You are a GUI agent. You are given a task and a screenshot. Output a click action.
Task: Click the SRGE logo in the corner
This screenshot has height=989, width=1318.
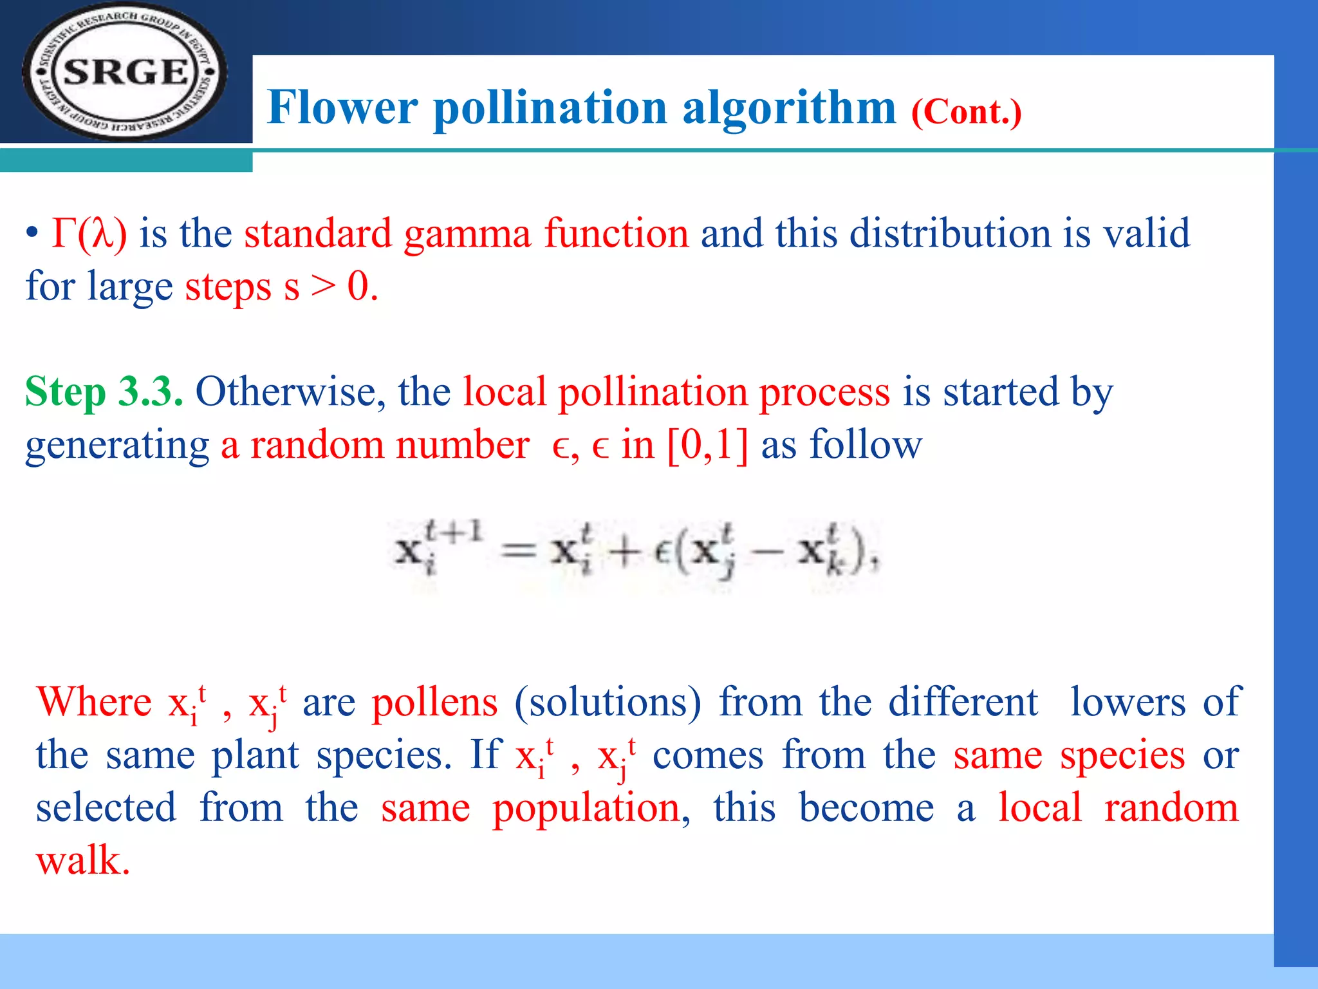[x=125, y=71]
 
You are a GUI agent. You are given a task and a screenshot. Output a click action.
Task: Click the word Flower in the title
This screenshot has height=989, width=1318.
[x=342, y=107]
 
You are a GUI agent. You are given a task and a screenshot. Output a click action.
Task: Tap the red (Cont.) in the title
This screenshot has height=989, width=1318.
[x=966, y=112]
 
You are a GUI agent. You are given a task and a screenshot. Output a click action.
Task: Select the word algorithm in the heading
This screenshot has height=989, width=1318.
[x=789, y=107]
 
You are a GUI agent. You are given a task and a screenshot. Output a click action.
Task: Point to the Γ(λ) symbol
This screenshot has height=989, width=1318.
[x=89, y=233]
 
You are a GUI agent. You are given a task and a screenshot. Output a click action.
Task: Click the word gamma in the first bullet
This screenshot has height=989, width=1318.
[x=467, y=233]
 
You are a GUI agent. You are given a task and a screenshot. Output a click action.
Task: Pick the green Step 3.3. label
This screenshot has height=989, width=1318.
[x=104, y=391]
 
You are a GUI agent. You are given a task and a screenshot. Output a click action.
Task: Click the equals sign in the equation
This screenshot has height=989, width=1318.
[x=519, y=551]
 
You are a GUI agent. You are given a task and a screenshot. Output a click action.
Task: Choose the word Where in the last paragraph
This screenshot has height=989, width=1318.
[x=94, y=702]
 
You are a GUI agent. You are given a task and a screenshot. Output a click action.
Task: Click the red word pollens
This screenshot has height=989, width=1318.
[x=434, y=702]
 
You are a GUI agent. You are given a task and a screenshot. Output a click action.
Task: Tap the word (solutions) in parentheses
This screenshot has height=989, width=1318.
[x=607, y=702]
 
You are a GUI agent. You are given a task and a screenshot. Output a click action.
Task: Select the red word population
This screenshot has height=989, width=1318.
[x=586, y=808]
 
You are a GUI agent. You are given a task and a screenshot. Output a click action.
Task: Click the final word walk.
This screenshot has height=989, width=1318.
[x=82, y=861]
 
